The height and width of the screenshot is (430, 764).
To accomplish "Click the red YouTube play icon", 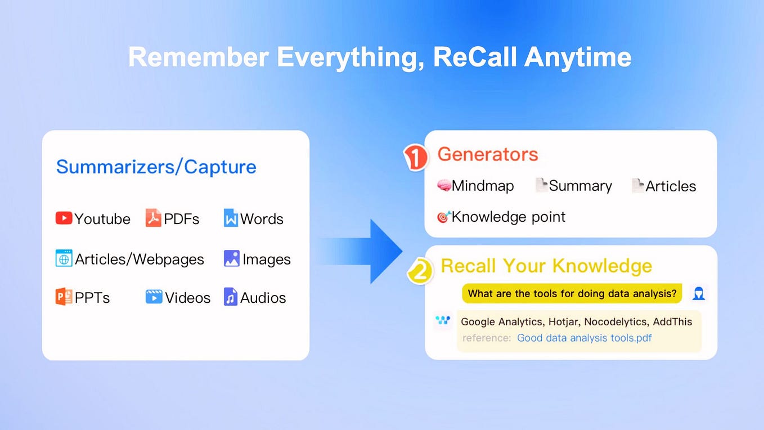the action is click(x=64, y=218).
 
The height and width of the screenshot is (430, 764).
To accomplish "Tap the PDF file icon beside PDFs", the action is click(x=153, y=218).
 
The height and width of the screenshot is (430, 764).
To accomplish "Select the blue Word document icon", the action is click(x=231, y=218).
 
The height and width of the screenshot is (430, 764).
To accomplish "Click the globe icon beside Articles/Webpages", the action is click(x=64, y=258).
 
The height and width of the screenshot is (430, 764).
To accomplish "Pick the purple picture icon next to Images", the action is click(x=232, y=258).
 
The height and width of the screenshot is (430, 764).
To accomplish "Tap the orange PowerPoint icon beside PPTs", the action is click(x=64, y=297).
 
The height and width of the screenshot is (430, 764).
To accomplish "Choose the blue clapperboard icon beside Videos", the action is click(x=154, y=297).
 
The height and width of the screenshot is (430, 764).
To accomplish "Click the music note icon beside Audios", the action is click(x=231, y=297).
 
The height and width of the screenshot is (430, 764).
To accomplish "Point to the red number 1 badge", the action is click(x=415, y=158).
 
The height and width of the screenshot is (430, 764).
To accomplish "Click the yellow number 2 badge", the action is click(x=420, y=271).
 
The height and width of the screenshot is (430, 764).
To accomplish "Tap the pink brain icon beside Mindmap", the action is click(x=444, y=186).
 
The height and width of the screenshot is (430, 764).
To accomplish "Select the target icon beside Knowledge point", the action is click(x=444, y=217).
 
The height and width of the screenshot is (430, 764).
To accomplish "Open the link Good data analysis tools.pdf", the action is click(x=585, y=338).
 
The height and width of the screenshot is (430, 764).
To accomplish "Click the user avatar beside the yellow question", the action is click(x=699, y=293).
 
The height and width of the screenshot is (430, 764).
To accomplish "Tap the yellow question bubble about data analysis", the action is click(x=572, y=293).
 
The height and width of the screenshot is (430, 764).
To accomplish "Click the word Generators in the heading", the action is click(x=488, y=154).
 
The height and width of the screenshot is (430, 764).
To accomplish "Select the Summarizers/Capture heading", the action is click(x=156, y=167).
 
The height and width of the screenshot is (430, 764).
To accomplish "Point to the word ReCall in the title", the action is click(x=475, y=57).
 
